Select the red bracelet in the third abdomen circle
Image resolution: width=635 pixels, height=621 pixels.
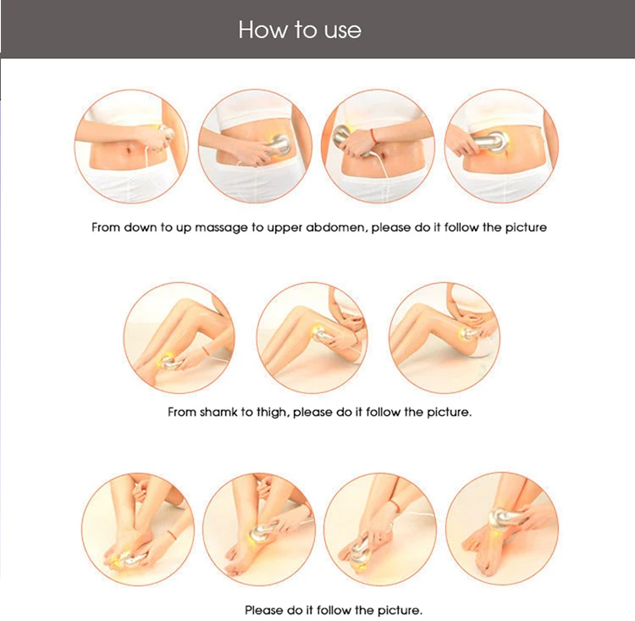(x=373, y=136)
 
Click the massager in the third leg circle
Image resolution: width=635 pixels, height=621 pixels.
(x=469, y=335)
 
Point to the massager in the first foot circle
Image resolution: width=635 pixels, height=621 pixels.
(x=128, y=560)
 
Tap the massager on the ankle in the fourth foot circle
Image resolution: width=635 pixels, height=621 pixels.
(x=504, y=518)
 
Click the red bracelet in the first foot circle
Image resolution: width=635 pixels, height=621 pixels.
(x=172, y=535)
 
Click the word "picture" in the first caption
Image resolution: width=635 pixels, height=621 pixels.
(x=526, y=227)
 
